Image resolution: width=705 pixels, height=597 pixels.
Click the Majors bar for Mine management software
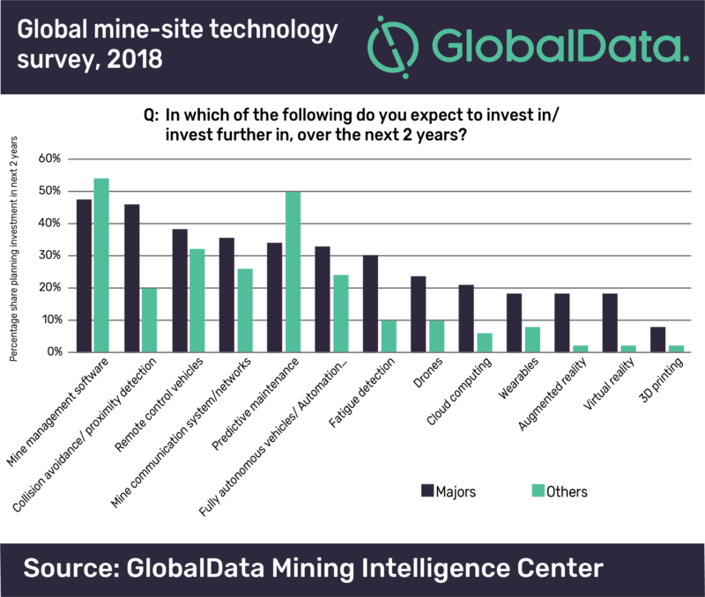(85, 276)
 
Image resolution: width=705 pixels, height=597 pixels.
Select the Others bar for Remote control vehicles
(197, 300)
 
